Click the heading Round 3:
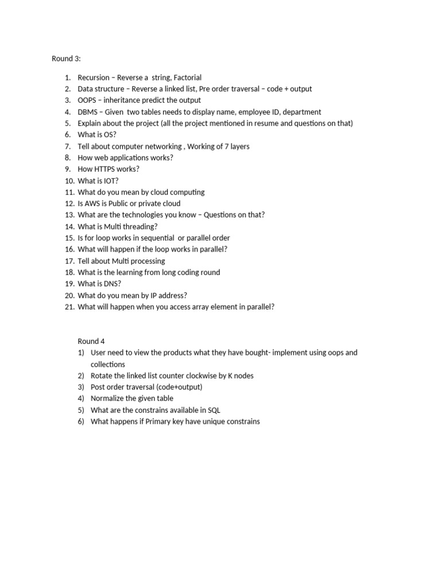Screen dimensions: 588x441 [67, 58]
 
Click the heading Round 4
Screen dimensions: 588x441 [91, 341]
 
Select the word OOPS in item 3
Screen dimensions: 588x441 [88, 100]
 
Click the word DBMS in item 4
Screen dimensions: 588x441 [88, 112]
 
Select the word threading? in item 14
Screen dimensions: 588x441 [140, 226]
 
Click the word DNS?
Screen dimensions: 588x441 [111, 284]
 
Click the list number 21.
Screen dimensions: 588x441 [68, 307]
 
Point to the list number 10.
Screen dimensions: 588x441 [68, 180]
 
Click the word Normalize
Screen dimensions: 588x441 [108, 399]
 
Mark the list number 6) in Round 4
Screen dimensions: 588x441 [81, 421]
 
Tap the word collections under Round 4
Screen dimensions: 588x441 [108, 364]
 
